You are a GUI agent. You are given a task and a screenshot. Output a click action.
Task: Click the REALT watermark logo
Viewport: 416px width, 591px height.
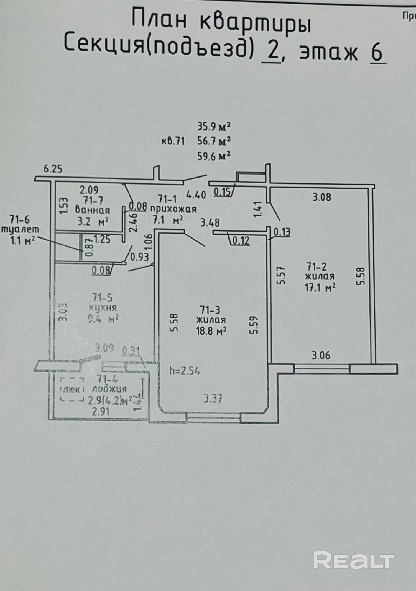click(x=353, y=559)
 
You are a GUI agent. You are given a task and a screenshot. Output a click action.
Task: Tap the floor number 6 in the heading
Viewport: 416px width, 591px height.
click(x=377, y=53)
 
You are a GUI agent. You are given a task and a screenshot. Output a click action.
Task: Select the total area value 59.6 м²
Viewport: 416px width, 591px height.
click(x=213, y=156)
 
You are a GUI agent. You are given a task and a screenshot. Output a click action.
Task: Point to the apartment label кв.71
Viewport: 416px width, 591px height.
click(x=173, y=141)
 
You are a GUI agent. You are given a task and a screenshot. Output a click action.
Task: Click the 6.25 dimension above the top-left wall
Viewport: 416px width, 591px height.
click(x=53, y=169)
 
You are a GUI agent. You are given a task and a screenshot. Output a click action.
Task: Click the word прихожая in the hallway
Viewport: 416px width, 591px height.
click(x=173, y=209)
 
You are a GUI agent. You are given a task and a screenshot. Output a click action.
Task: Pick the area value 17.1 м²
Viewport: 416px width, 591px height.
click(x=320, y=287)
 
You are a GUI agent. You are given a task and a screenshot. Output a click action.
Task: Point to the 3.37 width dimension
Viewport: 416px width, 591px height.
click(x=213, y=399)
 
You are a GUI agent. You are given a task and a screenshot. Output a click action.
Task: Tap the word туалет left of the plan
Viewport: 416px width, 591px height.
click(x=21, y=229)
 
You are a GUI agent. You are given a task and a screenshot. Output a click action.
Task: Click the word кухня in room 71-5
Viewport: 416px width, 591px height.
click(x=103, y=308)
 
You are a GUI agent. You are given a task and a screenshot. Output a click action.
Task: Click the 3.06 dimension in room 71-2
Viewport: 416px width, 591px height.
click(x=321, y=355)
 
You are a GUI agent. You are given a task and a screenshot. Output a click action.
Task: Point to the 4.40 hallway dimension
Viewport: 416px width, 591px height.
click(x=196, y=195)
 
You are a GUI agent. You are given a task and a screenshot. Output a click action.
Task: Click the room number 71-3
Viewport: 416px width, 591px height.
click(x=210, y=310)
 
